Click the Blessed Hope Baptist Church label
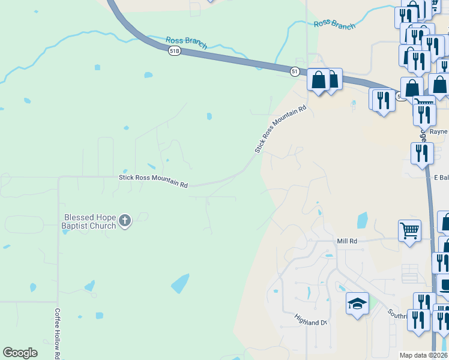[90, 221]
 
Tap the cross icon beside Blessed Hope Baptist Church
[125, 221]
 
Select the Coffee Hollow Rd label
[57, 334]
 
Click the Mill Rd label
[347, 240]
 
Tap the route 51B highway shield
[174, 51]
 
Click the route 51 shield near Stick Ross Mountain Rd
[295, 71]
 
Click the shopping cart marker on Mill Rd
[409, 230]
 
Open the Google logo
[20, 353]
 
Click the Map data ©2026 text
[423, 355]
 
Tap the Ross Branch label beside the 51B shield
[186, 43]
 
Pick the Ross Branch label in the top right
[334, 25]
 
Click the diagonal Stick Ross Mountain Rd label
[280, 128]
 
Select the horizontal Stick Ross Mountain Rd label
[154, 181]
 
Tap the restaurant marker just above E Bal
[422, 153]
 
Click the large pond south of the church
[180, 283]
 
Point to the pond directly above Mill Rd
[362, 220]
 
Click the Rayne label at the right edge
[439, 131]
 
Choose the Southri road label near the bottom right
[397, 314]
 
